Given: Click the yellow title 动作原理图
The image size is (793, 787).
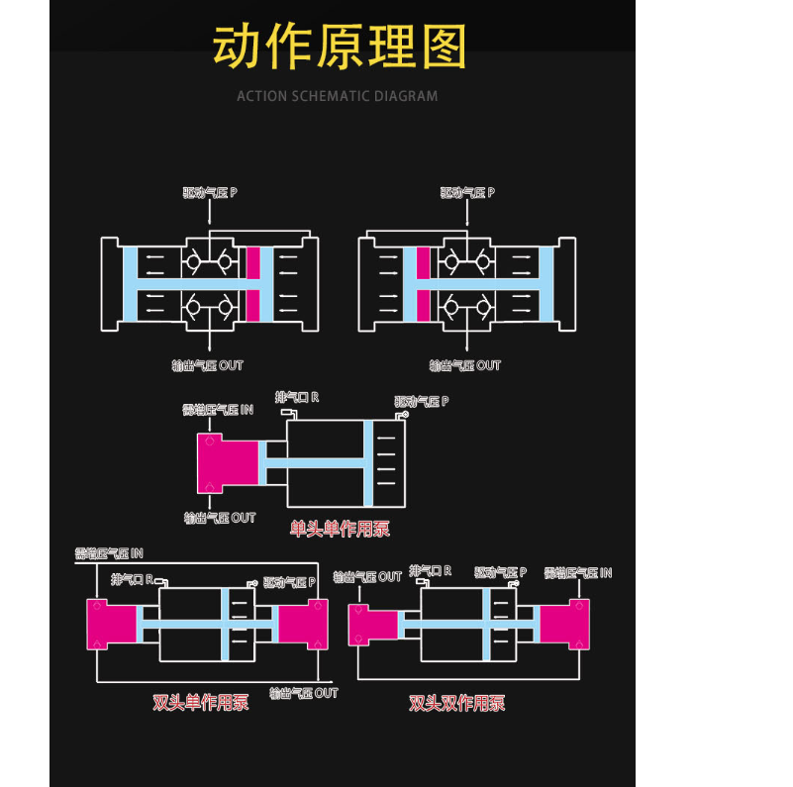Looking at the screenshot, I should pyautogui.click(x=340, y=46).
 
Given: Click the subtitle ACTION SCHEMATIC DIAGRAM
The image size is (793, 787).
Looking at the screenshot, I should pyautogui.click(x=337, y=96).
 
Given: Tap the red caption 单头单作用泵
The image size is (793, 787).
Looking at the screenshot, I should pyautogui.click(x=340, y=529).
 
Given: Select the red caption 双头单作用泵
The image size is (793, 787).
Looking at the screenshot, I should pyautogui.click(x=200, y=703).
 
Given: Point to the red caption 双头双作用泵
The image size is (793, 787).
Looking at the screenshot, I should pyautogui.click(x=457, y=703).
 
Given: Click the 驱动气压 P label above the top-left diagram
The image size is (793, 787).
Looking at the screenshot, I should pyautogui.click(x=210, y=192).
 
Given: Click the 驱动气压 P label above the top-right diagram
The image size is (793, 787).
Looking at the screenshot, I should pyautogui.click(x=467, y=192).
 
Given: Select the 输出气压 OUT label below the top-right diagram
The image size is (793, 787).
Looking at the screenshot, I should pyautogui.click(x=465, y=365).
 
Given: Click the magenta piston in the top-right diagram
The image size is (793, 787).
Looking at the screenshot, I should pyautogui.click(x=424, y=282).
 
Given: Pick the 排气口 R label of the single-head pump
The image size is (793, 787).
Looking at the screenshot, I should pyautogui.click(x=297, y=397).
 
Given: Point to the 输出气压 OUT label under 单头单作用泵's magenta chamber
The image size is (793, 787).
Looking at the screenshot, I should pyautogui.click(x=220, y=518).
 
